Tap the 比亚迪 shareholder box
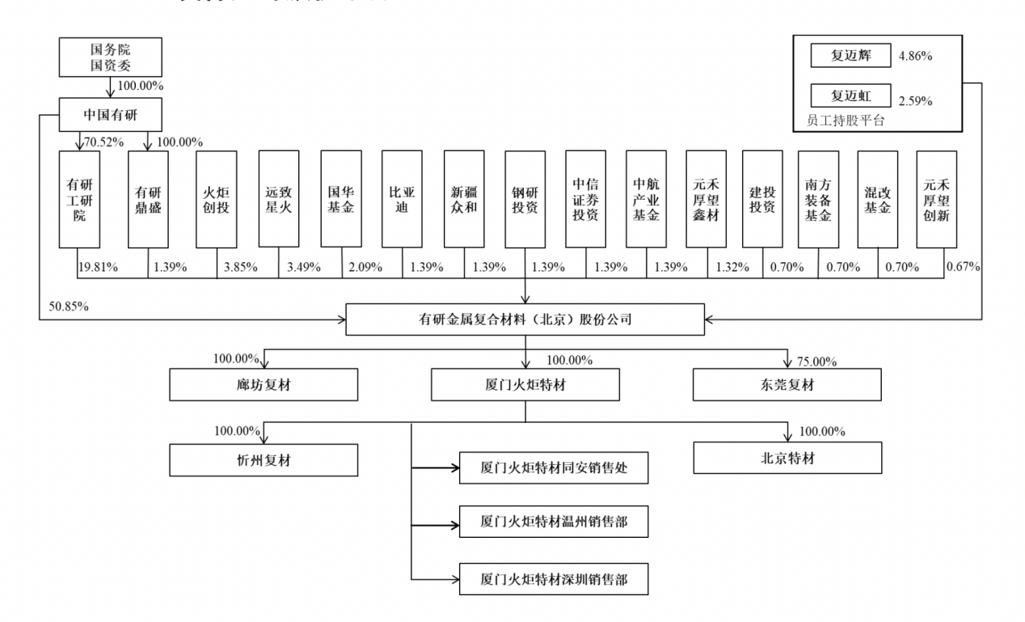tap(402, 198)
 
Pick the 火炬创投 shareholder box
tap(217, 198)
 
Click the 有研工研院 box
tap(79, 198)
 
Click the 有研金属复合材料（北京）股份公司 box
tap(525, 319)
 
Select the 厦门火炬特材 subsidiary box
tap(525, 385)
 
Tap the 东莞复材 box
tap(787, 385)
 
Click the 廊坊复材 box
tap(264, 385)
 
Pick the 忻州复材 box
tap(264, 459)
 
